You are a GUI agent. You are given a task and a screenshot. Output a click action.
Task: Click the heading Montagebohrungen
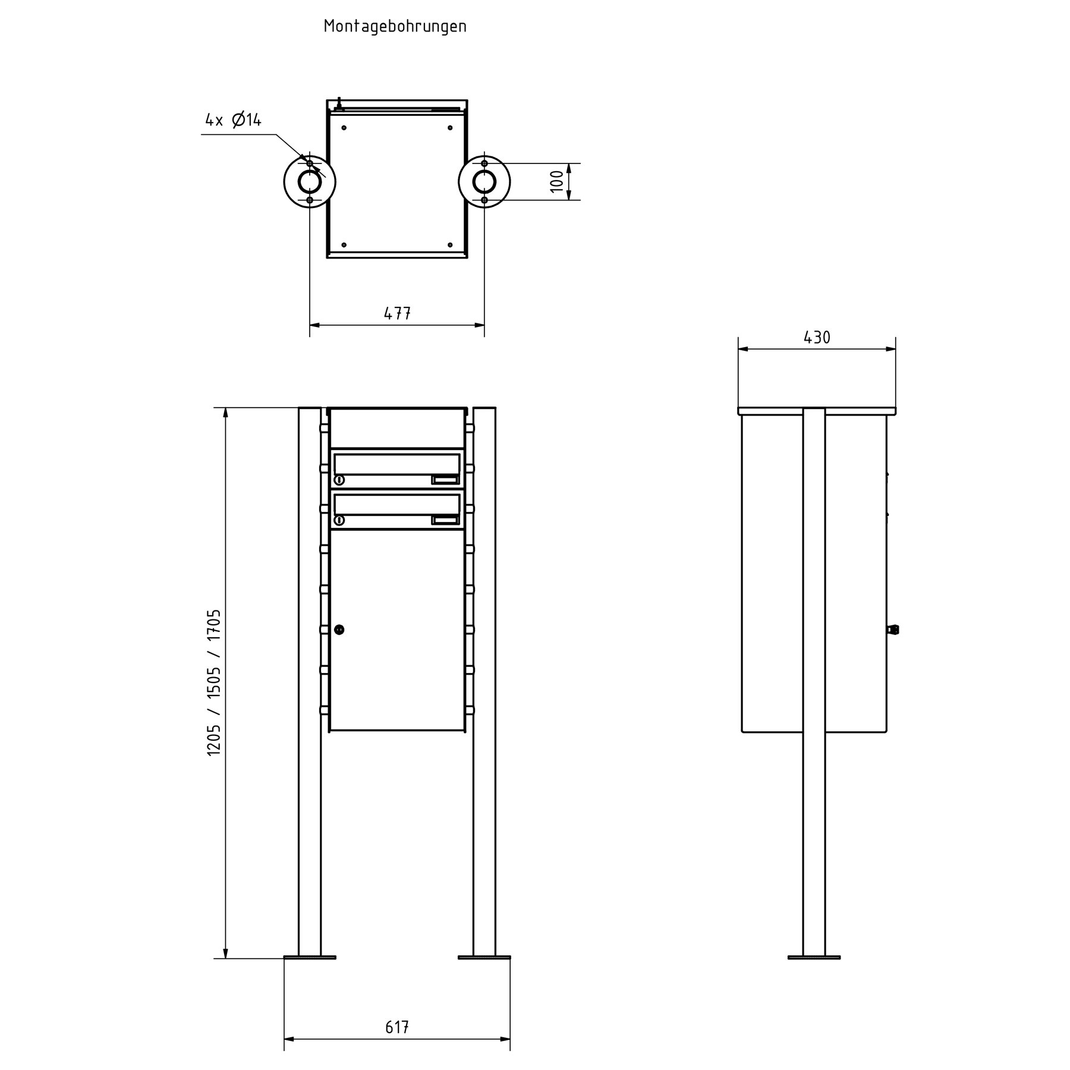coord(395,27)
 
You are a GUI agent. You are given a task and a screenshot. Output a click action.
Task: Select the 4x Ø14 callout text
coord(233,120)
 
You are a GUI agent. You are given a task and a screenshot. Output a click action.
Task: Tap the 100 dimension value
coord(556,181)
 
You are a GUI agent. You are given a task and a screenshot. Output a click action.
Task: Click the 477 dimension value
coord(397,313)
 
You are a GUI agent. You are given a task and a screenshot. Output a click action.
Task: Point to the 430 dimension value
coord(817,338)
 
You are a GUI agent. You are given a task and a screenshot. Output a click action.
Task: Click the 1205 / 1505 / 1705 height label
coord(214,682)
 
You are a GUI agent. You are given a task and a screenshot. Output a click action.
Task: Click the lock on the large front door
coord(339,629)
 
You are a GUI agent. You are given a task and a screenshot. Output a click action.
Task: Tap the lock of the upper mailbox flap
coord(339,480)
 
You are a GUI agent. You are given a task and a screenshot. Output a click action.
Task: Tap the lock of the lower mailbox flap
coord(339,520)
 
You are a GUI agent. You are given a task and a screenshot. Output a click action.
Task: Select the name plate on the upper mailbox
coord(445,480)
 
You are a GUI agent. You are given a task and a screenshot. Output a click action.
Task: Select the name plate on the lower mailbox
coord(445,520)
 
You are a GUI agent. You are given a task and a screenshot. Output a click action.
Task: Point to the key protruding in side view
coord(893,629)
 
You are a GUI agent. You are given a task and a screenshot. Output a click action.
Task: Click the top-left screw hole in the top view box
coord(344,127)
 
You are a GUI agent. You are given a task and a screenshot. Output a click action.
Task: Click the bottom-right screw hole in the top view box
coord(450,244)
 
